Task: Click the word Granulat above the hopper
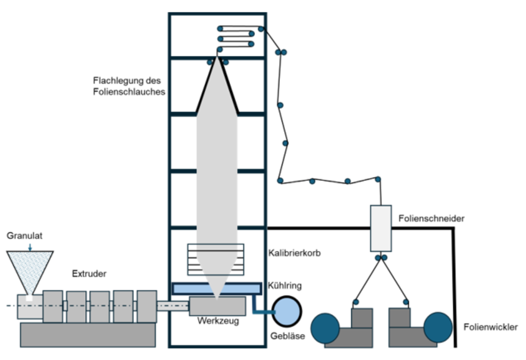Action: point(24,236)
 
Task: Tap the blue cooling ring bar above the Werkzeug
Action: point(216,288)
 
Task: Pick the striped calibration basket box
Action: point(216,259)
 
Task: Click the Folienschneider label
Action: point(431,219)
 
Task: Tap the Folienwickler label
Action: point(491,327)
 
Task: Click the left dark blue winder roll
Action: point(325,328)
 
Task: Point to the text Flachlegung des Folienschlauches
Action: point(129,86)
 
